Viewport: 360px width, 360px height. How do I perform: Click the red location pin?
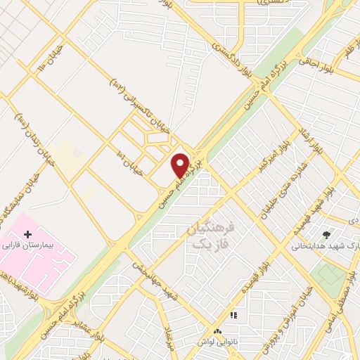tap(181, 165)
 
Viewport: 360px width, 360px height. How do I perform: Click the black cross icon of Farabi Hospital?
tap(27, 233)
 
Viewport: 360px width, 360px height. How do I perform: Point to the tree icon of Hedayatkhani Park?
tap(326, 234)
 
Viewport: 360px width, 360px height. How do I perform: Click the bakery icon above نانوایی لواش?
tap(217, 330)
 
